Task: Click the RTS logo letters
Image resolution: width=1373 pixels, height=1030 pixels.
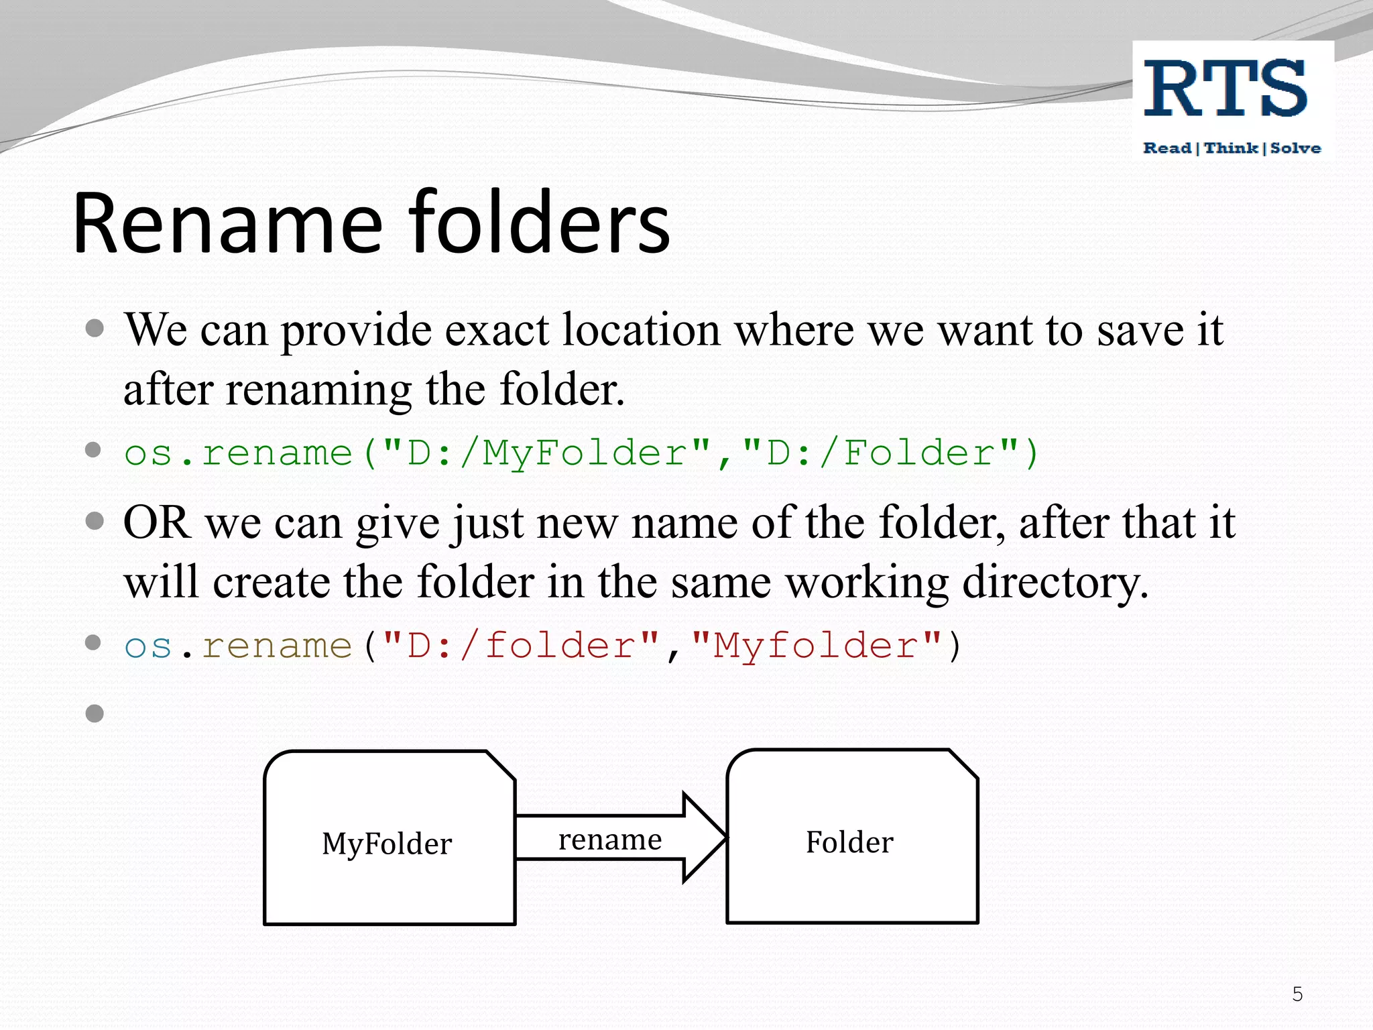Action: click(x=1226, y=89)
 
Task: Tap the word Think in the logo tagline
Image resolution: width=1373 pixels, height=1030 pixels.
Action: click(x=1231, y=148)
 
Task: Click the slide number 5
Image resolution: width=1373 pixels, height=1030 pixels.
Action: click(x=1297, y=994)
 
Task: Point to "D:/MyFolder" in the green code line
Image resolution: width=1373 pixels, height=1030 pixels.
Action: click(x=546, y=453)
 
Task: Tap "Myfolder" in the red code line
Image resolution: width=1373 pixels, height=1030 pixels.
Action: click(x=815, y=646)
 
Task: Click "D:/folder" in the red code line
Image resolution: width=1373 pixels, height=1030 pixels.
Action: click(x=520, y=646)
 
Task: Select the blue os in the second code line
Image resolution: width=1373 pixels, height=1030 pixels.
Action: click(x=148, y=646)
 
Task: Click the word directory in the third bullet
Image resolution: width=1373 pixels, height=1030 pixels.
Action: click(x=1054, y=582)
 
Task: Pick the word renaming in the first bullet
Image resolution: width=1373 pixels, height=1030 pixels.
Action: click(x=318, y=390)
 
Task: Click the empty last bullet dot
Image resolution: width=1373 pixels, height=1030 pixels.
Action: click(x=95, y=713)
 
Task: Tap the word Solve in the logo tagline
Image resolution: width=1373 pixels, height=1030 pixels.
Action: click(x=1295, y=148)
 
